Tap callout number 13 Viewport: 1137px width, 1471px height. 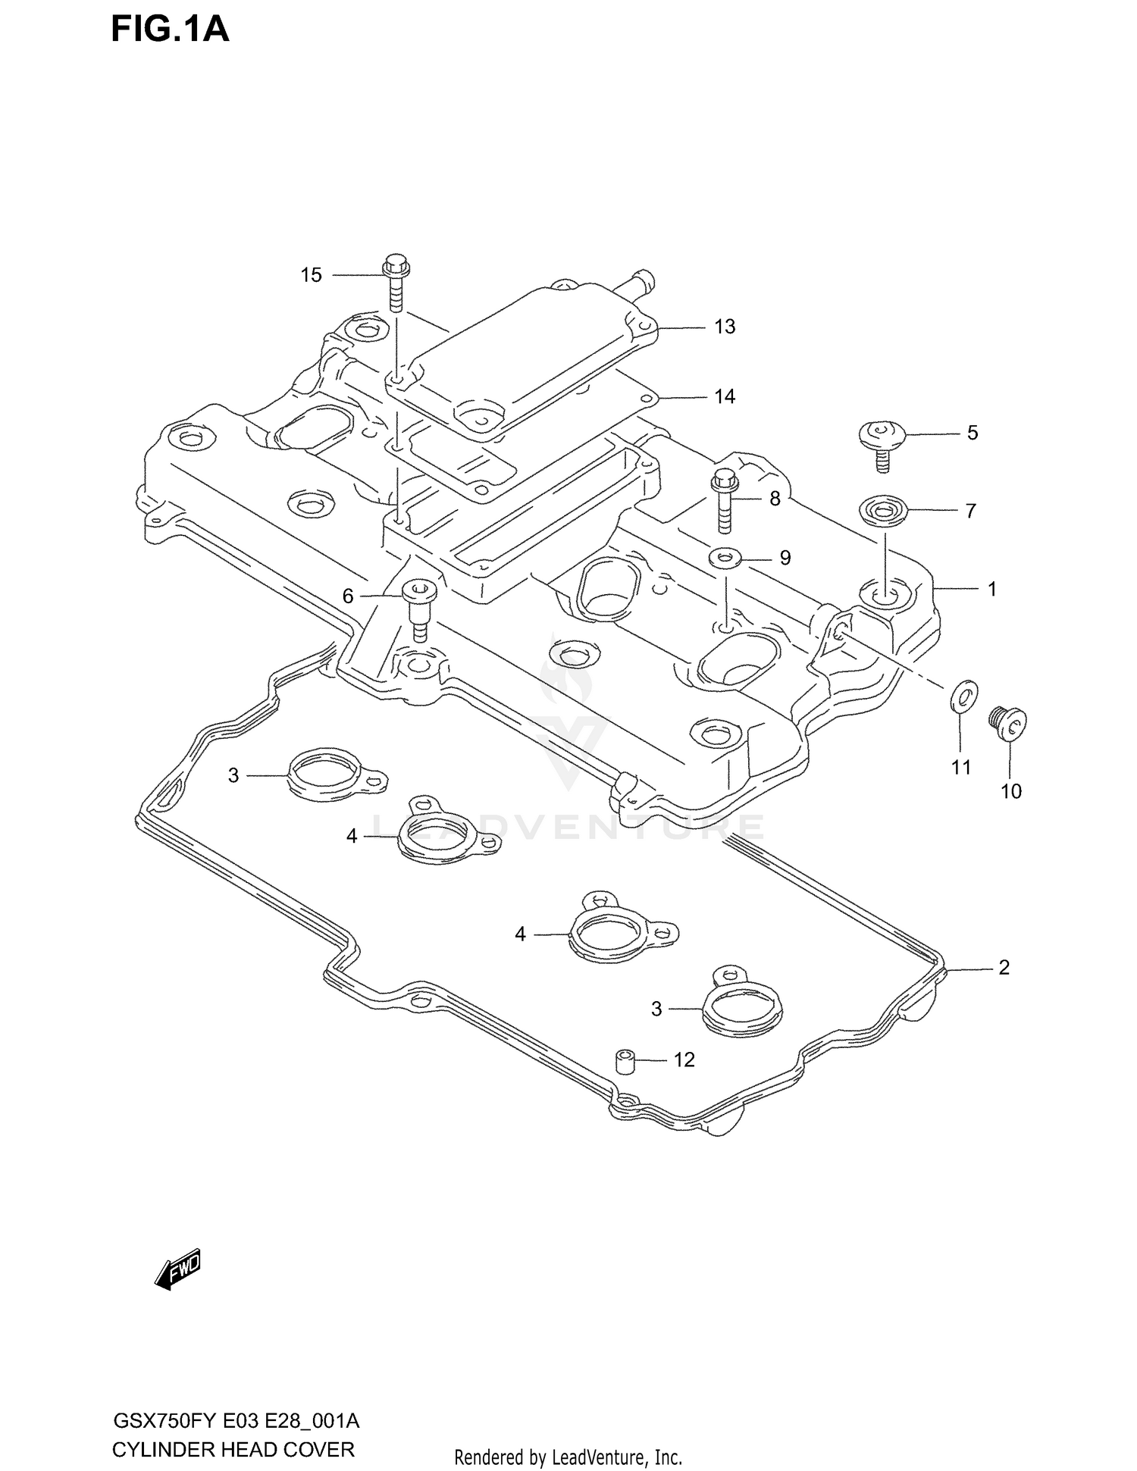pyautogui.click(x=725, y=327)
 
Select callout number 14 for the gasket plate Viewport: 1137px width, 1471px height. pyautogui.click(x=725, y=397)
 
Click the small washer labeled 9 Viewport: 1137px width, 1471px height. pyautogui.click(x=723, y=559)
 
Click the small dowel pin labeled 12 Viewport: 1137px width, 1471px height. pyautogui.click(x=625, y=1062)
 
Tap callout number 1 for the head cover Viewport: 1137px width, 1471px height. pyautogui.click(x=991, y=589)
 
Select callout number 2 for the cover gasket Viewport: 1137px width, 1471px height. pyautogui.click(x=1004, y=968)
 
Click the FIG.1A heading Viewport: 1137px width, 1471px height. pyautogui.click(x=170, y=30)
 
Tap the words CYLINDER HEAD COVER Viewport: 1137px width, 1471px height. pyautogui.click(x=233, y=1449)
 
